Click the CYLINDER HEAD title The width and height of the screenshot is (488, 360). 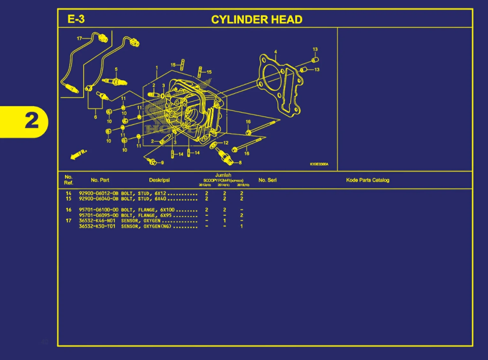pyautogui.click(x=256, y=20)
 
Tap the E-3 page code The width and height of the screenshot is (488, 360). pyautogui.click(x=76, y=19)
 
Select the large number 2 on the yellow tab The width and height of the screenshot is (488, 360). pyautogui.click(x=32, y=121)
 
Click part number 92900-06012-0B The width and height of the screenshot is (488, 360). pyautogui.click(x=98, y=194)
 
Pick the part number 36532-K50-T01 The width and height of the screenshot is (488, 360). pyautogui.click(x=97, y=226)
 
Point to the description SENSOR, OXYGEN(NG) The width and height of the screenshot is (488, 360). pyautogui.click(x=146, y=226)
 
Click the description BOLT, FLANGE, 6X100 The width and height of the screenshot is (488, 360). pyautogui.click(x=148, y=210)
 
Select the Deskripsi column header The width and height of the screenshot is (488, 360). pyautogui.click(x=159, y=180)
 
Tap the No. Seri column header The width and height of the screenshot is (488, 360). pyautogui.click(x=267, y=180)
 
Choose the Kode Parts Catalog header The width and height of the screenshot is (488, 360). pyautogui.click(x=368, y=180)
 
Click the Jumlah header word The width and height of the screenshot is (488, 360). pyautogui.click(x=223, y=175)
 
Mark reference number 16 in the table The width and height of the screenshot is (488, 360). pyautogui.click(x=68, y=210)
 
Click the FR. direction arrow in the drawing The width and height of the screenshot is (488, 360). pyautogui.click(x=78, y=154)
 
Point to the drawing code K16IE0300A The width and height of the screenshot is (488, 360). pyautogui.click(x=319, y=164)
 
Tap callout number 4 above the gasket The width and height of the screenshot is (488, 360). pyautogui.click(x=276, y=52)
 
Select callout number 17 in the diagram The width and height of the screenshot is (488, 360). pyautogui.click(x=79, y=38)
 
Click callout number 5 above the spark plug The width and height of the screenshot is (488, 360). pyautogui.click(x=116, y=69)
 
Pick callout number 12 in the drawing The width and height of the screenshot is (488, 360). pyautogui.click(x=226, y=143)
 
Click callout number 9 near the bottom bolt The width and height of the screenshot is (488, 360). pyautogui.click(x=162, y=163)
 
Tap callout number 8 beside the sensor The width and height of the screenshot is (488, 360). pyautogui.click(x=240, y=163)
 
